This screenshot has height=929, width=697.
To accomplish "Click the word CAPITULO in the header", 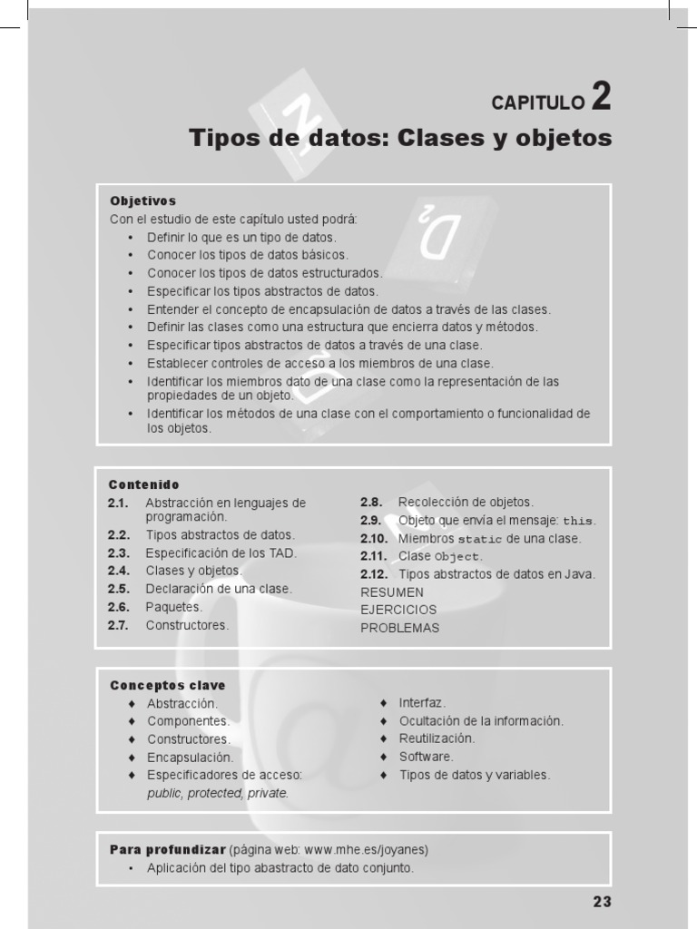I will (538, 103).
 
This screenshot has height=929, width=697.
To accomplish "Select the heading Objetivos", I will (142, 200).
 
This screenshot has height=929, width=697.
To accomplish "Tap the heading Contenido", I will (144, 484).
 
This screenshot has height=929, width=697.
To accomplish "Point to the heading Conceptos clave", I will (168, 685).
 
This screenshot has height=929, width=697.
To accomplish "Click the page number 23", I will (603, 902).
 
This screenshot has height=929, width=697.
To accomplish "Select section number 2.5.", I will (119, 589).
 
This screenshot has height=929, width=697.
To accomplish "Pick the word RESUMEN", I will (392, 592).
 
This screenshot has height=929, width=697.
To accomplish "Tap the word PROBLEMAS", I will (400, 628).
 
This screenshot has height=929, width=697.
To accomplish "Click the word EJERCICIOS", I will (398, 610).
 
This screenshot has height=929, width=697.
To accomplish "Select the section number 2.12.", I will (374, 574).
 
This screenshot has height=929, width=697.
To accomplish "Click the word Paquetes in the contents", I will (173, 607).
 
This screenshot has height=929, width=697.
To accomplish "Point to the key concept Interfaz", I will (422, 703).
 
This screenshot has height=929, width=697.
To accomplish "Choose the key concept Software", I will (426, 757).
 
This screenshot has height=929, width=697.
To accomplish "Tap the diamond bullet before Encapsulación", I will (132, 757).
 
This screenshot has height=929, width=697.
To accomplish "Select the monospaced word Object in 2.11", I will (456, 557).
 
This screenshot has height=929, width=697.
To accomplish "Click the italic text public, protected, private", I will (218, 793).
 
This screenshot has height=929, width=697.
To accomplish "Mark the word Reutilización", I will (437, 738).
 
